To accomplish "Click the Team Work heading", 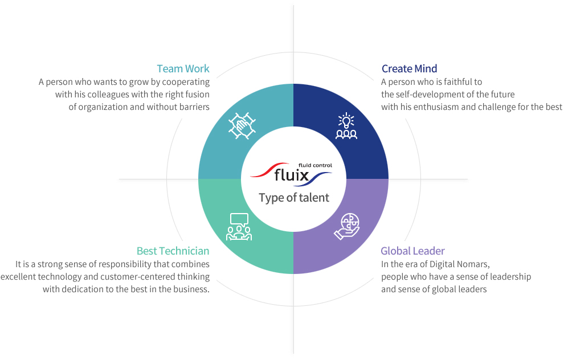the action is pos(183,69).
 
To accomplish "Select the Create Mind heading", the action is pos(410,69).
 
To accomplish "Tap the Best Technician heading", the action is pos(173,251).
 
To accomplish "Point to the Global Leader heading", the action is pos(412,251).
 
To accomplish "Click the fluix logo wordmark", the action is pos(292,175).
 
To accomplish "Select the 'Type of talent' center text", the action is pos(294,198).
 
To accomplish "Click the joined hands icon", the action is pos(242,125).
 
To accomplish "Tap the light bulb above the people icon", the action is pos(346,120).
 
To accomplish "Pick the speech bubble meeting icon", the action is pos(239,227).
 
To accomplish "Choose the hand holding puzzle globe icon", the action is pos(347,227).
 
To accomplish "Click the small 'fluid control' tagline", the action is pos(316,165).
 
